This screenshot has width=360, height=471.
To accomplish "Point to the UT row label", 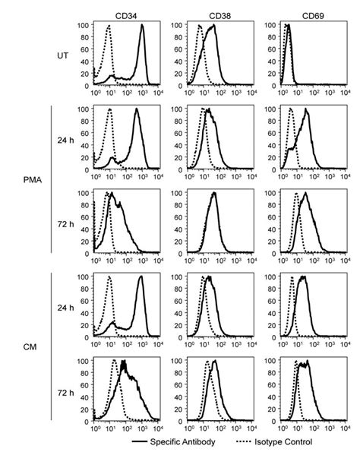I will [65, 54].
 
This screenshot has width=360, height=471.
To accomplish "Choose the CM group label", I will [30, 348].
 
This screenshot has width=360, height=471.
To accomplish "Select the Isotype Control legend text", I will [281, 441].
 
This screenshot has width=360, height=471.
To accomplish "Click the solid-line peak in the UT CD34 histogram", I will [142, 27].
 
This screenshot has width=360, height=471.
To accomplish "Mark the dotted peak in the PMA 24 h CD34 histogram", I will [109, 110].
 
